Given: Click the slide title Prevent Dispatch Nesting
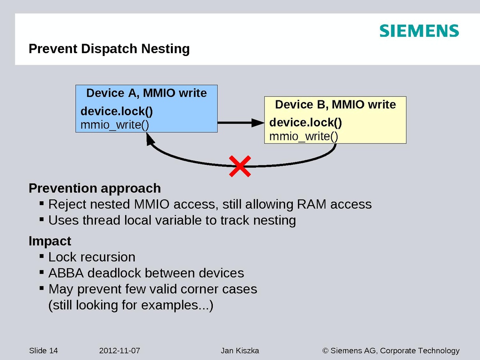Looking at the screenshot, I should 109,49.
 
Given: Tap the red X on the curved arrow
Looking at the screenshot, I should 240,166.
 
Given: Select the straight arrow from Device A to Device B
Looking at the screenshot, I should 240,123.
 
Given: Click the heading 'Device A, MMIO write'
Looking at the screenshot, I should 146,93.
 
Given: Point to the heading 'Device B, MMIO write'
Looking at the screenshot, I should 335,105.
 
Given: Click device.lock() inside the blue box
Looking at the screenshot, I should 117,111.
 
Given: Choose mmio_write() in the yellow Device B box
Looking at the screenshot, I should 304,136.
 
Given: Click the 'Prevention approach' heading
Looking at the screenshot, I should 95,188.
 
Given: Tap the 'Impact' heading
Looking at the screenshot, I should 50,241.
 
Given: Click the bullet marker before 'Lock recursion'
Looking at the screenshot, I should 42,256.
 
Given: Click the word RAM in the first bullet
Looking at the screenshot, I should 311,204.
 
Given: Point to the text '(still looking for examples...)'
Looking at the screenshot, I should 131,305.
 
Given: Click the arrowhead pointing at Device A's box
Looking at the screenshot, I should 150,139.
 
